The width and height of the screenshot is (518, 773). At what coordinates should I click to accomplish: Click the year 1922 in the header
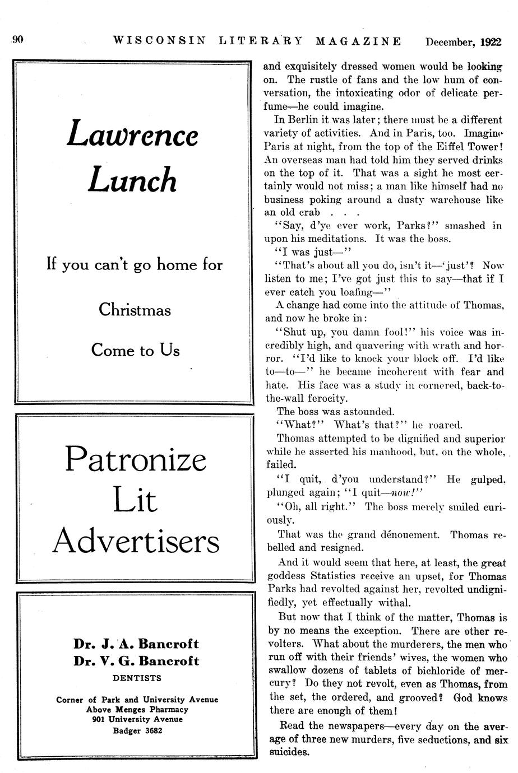click(x=491, y=41)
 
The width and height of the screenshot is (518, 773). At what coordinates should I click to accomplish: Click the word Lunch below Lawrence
click(x=132, y=180)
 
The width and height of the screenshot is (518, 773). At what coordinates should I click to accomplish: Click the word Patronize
click(x=136, y=459)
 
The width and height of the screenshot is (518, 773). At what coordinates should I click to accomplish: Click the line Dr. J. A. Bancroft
click(x=136, y=644)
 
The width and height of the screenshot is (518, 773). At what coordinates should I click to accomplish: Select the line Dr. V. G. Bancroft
click(x=136, y=661)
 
